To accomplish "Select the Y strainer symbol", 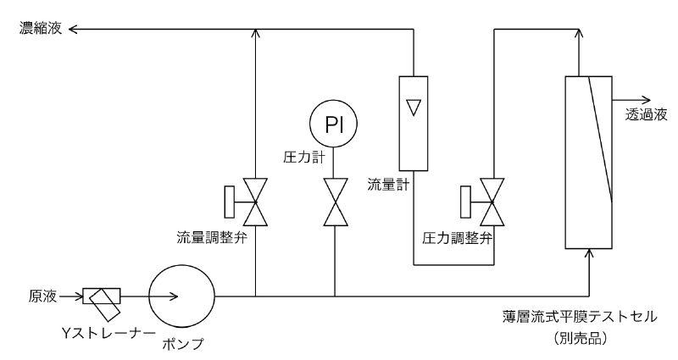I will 101,296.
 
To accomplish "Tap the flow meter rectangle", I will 412,124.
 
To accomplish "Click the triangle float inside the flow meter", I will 412,108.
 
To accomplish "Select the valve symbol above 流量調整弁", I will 255,201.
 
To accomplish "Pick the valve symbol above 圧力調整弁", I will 492,201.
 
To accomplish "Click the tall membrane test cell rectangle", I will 588,162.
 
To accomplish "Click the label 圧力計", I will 299,156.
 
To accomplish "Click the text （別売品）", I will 579,335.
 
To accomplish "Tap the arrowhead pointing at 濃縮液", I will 73,30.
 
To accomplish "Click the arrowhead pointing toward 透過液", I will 647,97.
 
